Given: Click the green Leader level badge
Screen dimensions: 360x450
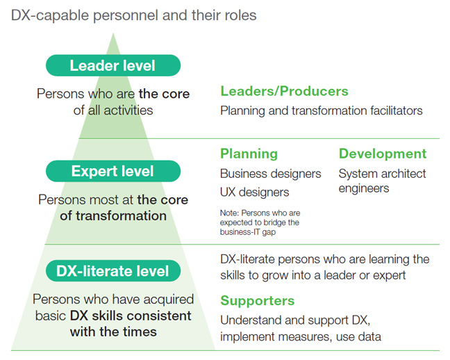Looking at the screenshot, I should point(112,66).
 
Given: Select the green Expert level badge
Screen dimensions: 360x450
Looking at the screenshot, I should point(112,171).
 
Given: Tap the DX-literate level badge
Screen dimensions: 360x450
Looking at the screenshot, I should point(112,271).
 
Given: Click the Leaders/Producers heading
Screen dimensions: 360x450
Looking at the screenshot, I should point(284,91).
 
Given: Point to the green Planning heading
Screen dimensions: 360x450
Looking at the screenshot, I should point(249,154).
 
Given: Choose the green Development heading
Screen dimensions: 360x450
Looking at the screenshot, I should point(383,154).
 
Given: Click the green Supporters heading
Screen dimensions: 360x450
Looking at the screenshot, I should point(258,301).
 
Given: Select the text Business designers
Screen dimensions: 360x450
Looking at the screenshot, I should point(271,173).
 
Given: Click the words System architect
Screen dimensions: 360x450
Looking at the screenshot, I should point(382,173).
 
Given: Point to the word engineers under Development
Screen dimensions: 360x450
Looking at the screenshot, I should point(364,188).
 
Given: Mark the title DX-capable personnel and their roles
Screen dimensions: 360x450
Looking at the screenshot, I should point(134,15).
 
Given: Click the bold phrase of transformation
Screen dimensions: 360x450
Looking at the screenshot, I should point(113,215).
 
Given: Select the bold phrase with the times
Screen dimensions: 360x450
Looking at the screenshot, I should point(113,332).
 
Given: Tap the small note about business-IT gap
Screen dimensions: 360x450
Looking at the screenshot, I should point(260,222).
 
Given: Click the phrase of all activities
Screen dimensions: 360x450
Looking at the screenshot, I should point(113,110).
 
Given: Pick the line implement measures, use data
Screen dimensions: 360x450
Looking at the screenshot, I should point(301,337).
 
